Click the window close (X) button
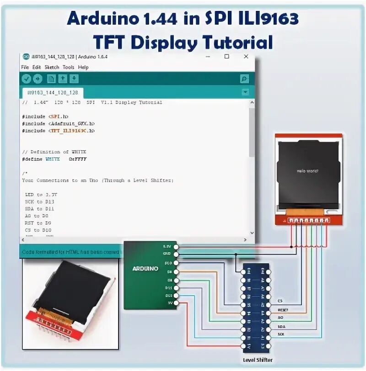pos(246,57)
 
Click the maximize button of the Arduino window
pos(226,57)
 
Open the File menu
pos(25,67)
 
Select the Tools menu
pos(68,67)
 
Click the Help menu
pos(83,67)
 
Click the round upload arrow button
pos(37,79)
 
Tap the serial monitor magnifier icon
pos(244,79)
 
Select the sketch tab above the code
pos(53,92)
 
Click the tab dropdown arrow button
pos(245,92)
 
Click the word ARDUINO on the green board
pos(145,268)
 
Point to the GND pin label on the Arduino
pos(168,254)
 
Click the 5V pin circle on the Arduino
pos(177,303)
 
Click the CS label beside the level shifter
pos(280,302)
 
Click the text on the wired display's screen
pos(307,171)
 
